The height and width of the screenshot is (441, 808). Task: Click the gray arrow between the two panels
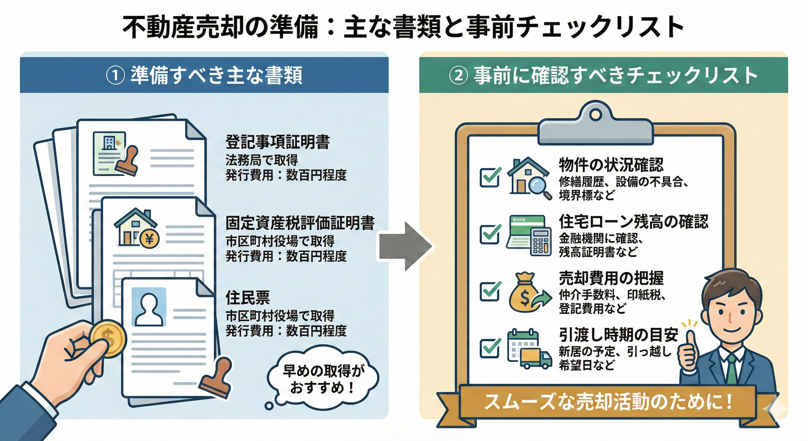tap(405, 246)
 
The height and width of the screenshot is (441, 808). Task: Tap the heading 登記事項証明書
tap(277, 142)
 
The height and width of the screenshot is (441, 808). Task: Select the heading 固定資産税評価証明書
tap(300, 223)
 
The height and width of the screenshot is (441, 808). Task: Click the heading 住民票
tap(248, 297)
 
